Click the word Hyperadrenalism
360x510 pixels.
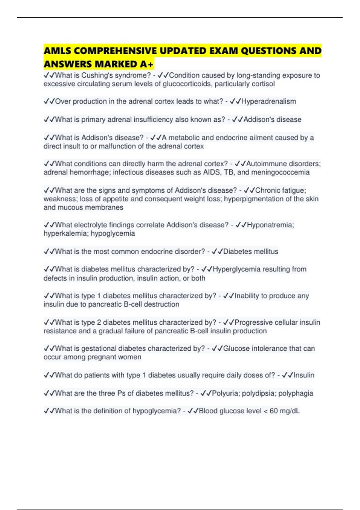268,101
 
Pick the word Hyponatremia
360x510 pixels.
270,225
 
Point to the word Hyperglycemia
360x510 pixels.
234,269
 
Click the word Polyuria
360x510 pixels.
225,393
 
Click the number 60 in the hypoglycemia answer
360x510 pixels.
274,411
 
